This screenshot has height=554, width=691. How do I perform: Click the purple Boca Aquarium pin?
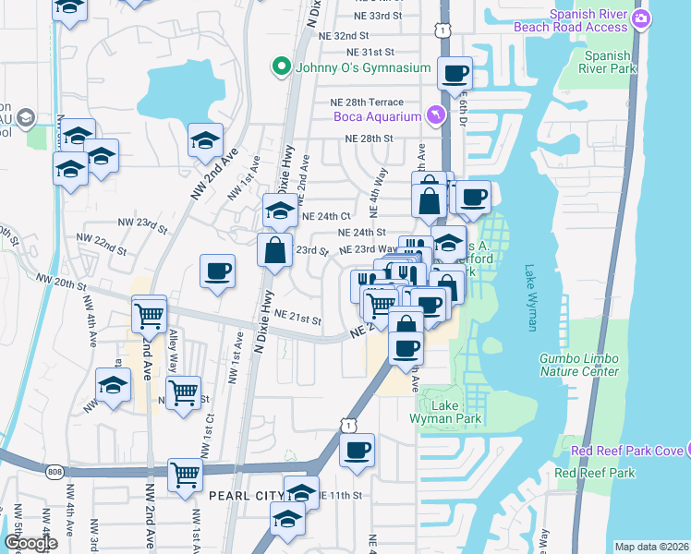click(x=436, y=115)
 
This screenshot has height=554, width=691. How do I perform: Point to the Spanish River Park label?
click(x=607, y=62)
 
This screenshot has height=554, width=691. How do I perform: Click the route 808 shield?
click(x=54, y=472)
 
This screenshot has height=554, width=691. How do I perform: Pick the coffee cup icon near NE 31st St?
click(x=454, y=73)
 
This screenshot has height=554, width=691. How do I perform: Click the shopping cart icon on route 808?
click(x=185, y=476)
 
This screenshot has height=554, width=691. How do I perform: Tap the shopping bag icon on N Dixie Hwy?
click(x=275, y=249)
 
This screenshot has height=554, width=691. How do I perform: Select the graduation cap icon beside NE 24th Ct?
click(x=280, y=211)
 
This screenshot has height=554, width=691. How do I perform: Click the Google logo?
click(x=30, y=543)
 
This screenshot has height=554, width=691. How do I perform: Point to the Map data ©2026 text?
click(x=651, y=547)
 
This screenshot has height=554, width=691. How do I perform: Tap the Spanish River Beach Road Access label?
click(x=575, y=20)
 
